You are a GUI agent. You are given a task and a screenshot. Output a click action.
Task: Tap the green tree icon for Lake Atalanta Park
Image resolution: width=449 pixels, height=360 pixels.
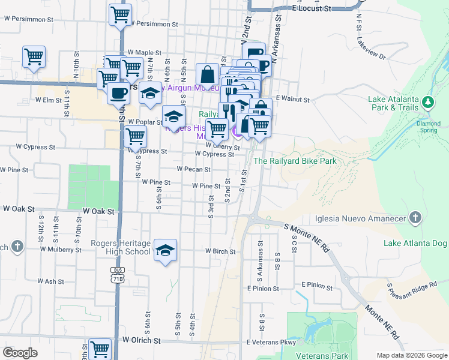[x=428, y=102]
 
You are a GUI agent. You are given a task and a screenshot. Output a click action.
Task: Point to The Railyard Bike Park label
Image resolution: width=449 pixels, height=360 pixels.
[x=295, y=161]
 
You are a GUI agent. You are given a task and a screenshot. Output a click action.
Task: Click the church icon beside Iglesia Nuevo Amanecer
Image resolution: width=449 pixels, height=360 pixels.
[x=415, y=218]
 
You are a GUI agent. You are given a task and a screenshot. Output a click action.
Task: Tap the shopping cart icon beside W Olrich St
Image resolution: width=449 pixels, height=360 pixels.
[x=100, y=348]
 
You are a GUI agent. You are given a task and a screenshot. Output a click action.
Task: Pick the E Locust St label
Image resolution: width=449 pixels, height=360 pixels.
[x=312, y=9]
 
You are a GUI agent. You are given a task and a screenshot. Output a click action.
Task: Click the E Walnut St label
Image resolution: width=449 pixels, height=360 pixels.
[x=292, y=99]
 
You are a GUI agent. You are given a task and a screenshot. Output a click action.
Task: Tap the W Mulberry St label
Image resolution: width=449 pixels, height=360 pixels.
[x=61, y=249]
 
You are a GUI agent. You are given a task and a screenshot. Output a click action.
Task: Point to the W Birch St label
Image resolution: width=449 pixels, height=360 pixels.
[x=220, y=251]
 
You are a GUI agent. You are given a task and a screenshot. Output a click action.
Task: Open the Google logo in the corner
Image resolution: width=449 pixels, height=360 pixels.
[x=20, y=353]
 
